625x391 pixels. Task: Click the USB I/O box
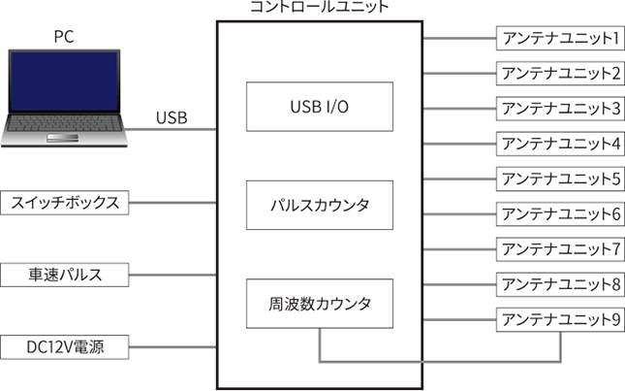pyautogui.click(x=320, y=107)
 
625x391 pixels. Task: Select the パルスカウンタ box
pyautogui.click(x=320, y=205)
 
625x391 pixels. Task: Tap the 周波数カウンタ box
pyautogui.click(x=320, y=304)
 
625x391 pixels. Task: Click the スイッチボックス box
pyautogui.click(x=65, y=203)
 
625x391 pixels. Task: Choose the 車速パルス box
pyautogui.click(x=65, y=275)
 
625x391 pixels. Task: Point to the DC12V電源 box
pyautogui.click(x=65, y=347)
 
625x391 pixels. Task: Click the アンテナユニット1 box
pyautogui.click(x=560, y=38)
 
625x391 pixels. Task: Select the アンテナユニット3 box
pyautogui.click(x=560, y=109)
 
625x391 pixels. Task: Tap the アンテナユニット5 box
pyautogui.click(x=560, y=179)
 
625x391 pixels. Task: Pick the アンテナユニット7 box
pyautogui.click(x=560, y=249)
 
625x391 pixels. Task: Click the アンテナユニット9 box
pyautogui.click(x=560, y=319)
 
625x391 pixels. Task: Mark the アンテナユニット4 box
pyautogui.click(x=560, y=144)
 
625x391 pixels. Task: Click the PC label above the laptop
pyautogui.click(x=64, y=37)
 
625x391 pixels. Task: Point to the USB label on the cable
pyautogui.click(x=172, y=117)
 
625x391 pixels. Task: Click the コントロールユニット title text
pyautogui.click(x=320, y=7)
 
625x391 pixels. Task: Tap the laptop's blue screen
pyautogui.click(x=64, y=81)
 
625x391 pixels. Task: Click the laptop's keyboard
pyautogui.click(x=64, y=123)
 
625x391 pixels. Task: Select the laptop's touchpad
pyautogui.click(x=63, y=138)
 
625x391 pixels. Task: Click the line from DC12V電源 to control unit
pyautogui.click(x=173, y=347)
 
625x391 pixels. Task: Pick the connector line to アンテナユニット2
pyautogui.click(x=459, y=74)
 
